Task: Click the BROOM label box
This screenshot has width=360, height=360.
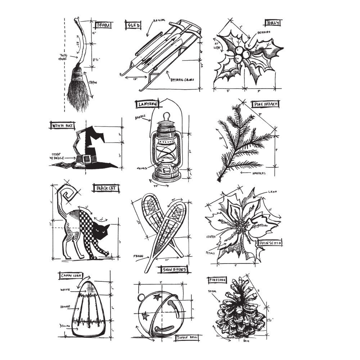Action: [103, 25]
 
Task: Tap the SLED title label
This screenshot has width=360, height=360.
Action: [134, 26]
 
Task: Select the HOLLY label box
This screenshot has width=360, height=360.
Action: [272, 23]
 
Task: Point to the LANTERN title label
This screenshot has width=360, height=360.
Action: [147, 104]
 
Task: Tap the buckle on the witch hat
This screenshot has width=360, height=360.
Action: [86, 158]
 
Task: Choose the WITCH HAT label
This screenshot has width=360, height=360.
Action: [60, 125]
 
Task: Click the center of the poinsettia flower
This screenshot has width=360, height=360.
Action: [244, 228]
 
